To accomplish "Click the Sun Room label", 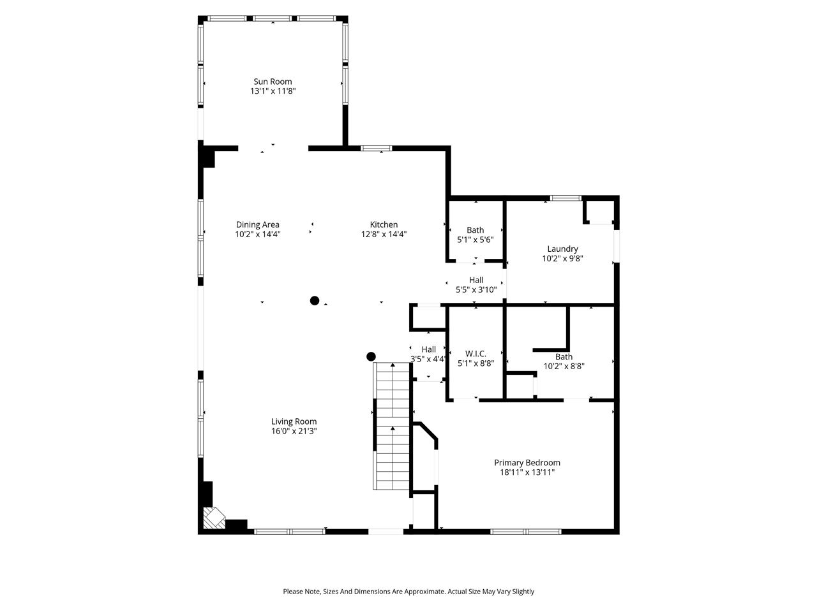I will [x=273, y=82].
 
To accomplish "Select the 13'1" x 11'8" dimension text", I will [x=273, y=91].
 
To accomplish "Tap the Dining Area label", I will [x=257, y=224].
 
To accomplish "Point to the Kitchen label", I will [x=384, y=224].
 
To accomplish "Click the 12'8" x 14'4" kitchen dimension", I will [x=384, y=234].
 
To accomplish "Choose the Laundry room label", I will [x=562, y=249].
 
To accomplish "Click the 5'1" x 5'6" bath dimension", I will [x=475, y=240].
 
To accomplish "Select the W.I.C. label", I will [x=476, y=354].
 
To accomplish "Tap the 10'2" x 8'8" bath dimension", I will [x=564, y=366].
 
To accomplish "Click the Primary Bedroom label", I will [x=527, y=463].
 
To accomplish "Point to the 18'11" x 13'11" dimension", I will [x=527, y=472].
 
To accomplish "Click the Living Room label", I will [x=294, y=421].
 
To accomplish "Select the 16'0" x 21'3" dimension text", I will [x=294, y=431].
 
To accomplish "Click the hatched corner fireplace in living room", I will [x=213, y=517].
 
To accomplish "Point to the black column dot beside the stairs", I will [x=371, y=356].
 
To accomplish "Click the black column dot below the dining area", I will [x=315, y=300].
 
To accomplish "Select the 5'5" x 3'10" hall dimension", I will [x=476, y=289].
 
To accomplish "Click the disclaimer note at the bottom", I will [x=408, y=592].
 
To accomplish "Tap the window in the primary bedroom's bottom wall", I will [x=526, y=531].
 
